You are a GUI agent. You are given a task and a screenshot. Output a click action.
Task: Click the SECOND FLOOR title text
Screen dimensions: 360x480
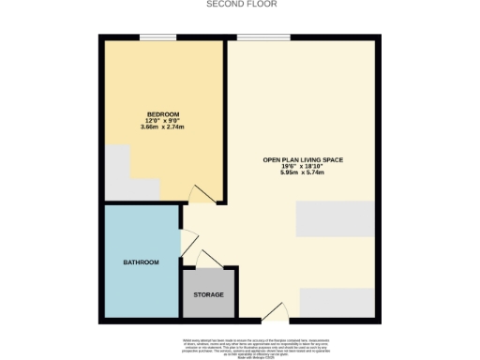pyautogui.click(x=240, y=4)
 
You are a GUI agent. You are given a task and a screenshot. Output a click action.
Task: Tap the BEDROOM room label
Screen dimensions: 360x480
pyautogui.click(x=162, y=114)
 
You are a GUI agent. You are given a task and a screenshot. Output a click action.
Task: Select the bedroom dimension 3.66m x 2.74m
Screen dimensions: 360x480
pyautogui.click(x=162, y=127)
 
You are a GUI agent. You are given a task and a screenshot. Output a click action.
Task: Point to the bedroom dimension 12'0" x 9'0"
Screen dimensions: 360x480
pyautogui.click(x=162, y=120)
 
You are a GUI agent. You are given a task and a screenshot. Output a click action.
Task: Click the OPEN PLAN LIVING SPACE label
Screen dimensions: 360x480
pyautogui.click(x=303, y=160)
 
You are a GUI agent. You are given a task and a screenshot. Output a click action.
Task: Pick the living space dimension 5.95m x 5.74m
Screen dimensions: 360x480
pyautogui.click(x=303, y=173)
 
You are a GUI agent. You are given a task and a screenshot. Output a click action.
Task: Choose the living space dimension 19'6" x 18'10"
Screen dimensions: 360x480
pyautogui.click(x=303, y=167)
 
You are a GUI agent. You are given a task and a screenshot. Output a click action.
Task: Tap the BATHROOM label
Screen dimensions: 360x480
pyautogui.click(x=142, y=262)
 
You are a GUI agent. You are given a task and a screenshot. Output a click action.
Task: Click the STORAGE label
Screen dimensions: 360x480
pyautogui.click(x=208, y=294)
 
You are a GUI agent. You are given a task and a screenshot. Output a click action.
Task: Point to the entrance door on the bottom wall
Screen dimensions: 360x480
pyautogui.click(x=273, y=313)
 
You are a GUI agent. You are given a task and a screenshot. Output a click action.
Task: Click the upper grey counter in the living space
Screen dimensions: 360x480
pyautogui.click(x=335, y=219)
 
